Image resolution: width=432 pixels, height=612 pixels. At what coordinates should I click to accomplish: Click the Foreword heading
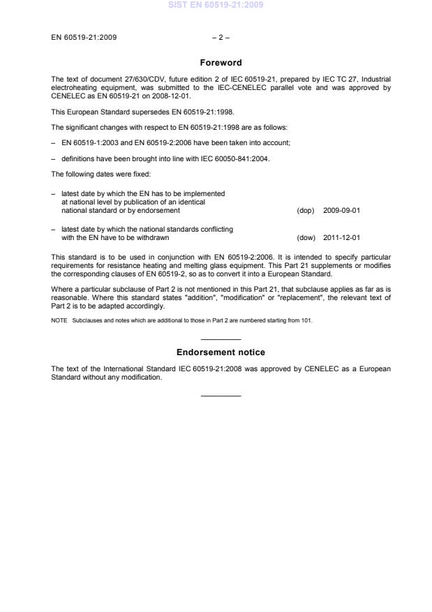coord(220,62)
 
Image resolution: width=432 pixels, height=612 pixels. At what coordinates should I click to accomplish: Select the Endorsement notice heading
coord(220,352)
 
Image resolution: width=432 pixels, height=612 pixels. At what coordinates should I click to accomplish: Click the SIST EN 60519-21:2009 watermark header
coord(216,6)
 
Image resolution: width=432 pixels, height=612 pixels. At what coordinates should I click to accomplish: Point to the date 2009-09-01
coord(342,210)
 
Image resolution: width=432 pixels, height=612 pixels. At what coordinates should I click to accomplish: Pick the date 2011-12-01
coord(342,237)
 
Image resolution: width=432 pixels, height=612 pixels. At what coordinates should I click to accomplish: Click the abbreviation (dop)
coord(306,210)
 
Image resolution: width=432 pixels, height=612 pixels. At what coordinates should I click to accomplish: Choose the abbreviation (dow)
coord(306,237)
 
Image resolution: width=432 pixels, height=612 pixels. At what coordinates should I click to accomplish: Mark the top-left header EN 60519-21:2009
coord(84,37)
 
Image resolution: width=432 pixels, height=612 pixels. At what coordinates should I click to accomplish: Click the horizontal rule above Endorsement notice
coord(221,338)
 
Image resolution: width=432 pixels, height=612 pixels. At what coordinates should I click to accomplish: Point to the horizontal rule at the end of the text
coord(221,396)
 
